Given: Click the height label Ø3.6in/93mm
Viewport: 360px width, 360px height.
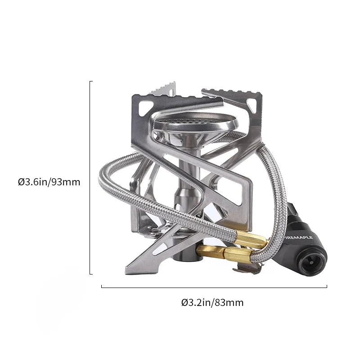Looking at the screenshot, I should pyautogui.click(x=49, y=182).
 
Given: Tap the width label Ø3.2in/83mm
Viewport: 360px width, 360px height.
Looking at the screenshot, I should pyautogui.click(x=212, y=302).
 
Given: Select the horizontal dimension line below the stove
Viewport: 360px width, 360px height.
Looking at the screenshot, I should pyautogui.click(x=214, y=287).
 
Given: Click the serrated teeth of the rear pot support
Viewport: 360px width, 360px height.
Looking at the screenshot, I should pyautogui.click(x=162, y=89).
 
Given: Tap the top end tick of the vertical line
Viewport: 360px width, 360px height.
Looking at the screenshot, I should pyautogui.click(x=91, y=81).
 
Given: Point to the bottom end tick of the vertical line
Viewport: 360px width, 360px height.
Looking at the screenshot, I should pyautogui.click(x=91, y=274).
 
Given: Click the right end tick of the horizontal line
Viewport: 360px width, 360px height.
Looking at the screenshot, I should pyautogui.click(x=327, y=286).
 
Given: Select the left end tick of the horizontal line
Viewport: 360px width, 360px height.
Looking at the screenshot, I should pyautogui.click(x=101, y=286).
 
